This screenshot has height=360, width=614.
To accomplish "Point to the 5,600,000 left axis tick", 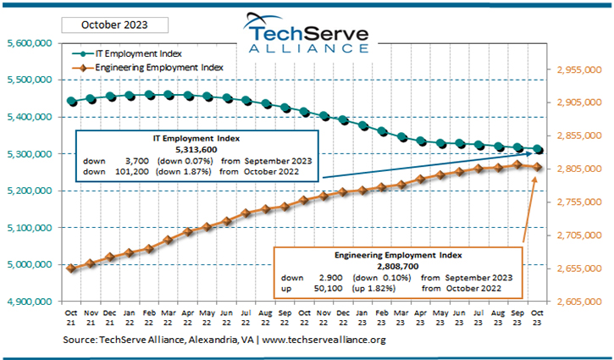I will pos(30,42).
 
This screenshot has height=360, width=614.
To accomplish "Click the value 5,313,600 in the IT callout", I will pos(197,147).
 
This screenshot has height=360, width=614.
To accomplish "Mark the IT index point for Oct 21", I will pos(72,102).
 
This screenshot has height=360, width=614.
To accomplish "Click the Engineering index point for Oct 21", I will pos(72,269).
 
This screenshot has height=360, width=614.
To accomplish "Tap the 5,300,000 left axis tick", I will pos(30,154).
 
